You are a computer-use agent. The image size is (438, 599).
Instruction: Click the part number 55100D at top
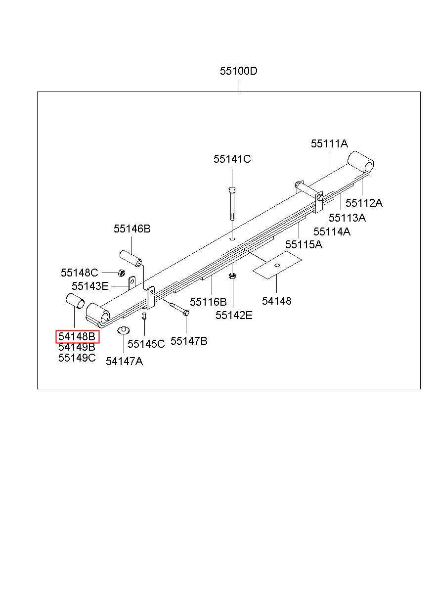click(239, 71)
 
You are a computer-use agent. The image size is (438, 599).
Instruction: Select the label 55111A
click(329, 144)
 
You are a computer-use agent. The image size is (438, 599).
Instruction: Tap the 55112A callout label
click(364, 203)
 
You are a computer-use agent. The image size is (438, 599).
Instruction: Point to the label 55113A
click(347, 218)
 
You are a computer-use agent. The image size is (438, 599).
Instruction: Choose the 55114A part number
click(332, 231)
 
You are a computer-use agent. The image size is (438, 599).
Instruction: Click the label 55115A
click(304, 244)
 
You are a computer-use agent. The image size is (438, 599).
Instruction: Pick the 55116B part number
click(208, 302)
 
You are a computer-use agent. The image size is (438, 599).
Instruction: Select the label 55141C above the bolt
click(232, 159)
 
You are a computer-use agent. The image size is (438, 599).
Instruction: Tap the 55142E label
click(234, 316)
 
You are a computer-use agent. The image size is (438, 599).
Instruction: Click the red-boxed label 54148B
click(77, 337)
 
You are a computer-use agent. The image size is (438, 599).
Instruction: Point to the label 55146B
click(132, 229)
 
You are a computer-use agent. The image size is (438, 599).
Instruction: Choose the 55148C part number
click(80, 273)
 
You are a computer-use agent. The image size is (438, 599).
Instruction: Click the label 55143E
click(90, 286)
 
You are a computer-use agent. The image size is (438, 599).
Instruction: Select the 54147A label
click(124, 361)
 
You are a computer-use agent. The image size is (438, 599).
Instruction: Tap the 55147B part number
click(189, 341)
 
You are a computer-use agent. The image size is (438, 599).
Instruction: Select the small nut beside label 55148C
click(121, 273)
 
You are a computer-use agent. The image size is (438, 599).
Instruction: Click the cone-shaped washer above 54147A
click(123, 330)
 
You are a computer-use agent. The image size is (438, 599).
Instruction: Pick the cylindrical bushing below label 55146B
click(130, 258)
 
